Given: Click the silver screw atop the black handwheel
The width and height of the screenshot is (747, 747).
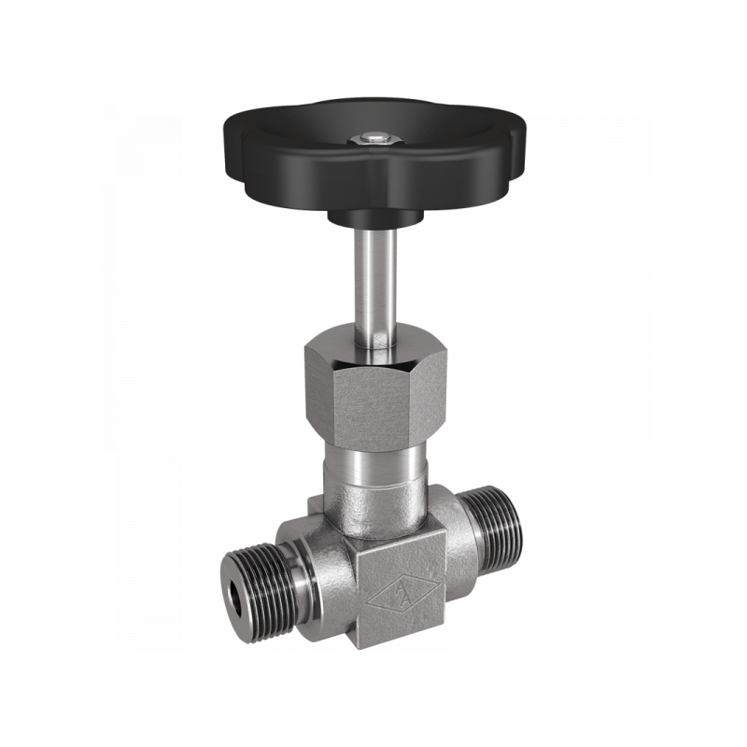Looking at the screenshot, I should pyautogui.click(x=373, y=140).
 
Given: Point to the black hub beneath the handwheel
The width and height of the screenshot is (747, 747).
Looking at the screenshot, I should pyautogui.click(x=373, y=218).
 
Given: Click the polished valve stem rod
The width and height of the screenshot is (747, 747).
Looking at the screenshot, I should pyautogui.click(x=373, y=280).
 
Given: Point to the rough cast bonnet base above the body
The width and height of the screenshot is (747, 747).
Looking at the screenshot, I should pyautogui.click(x=373, y=509).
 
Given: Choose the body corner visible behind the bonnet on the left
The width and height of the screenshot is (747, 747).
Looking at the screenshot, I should pyautogui.click(x=316, y=504).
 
